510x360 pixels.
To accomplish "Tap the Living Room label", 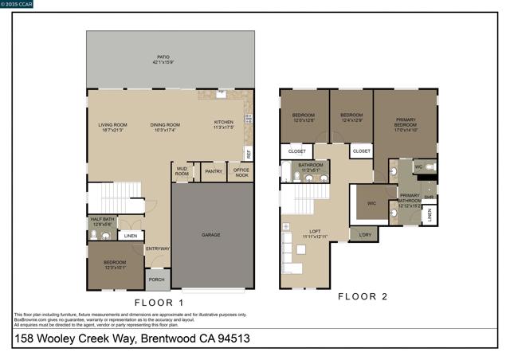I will click(x=112, y=127).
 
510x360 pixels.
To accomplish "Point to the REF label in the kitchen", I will click(x=249, y=155).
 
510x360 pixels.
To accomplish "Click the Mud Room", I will click(x=182, y=171).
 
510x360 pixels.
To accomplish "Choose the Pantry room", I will click(x=213, y=171).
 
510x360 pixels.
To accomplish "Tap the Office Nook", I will click(x=241, y=171).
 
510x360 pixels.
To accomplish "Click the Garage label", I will click(x=210, y=235).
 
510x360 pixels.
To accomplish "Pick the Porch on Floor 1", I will click(x=157, y=279).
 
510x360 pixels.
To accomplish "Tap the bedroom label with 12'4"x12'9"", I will click(x=351, y=118).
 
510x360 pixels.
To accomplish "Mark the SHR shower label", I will click(x=429, y=197).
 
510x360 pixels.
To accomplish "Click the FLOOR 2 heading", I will click(x=363, y=296).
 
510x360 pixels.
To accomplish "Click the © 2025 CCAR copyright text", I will click(x=19, y=5).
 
